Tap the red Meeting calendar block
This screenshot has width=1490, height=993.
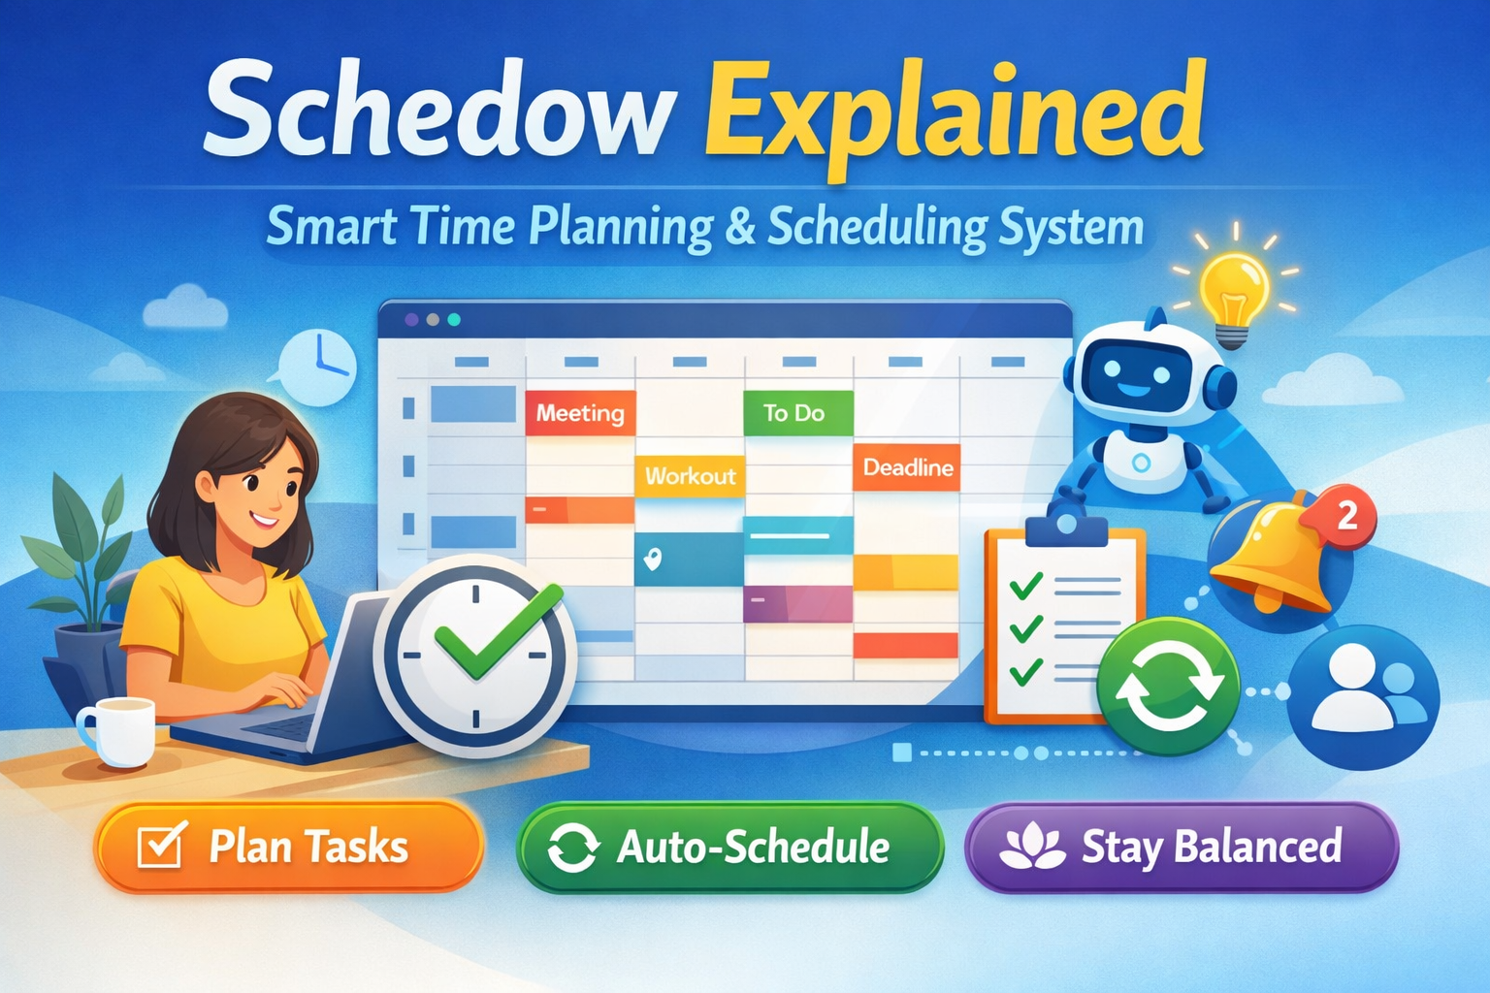[580, 413]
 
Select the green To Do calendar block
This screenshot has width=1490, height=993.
[797, 413]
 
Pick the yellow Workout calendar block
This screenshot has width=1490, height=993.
[690, 476]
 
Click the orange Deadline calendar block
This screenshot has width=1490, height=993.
[907, 467]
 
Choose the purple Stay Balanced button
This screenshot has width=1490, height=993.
[1182, 848]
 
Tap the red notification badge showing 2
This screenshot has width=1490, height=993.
[1346, 516]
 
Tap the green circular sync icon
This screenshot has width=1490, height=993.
[1168, 687]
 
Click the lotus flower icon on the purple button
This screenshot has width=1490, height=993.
[1032, 847]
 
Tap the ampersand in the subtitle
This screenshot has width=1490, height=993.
[740, 227]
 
